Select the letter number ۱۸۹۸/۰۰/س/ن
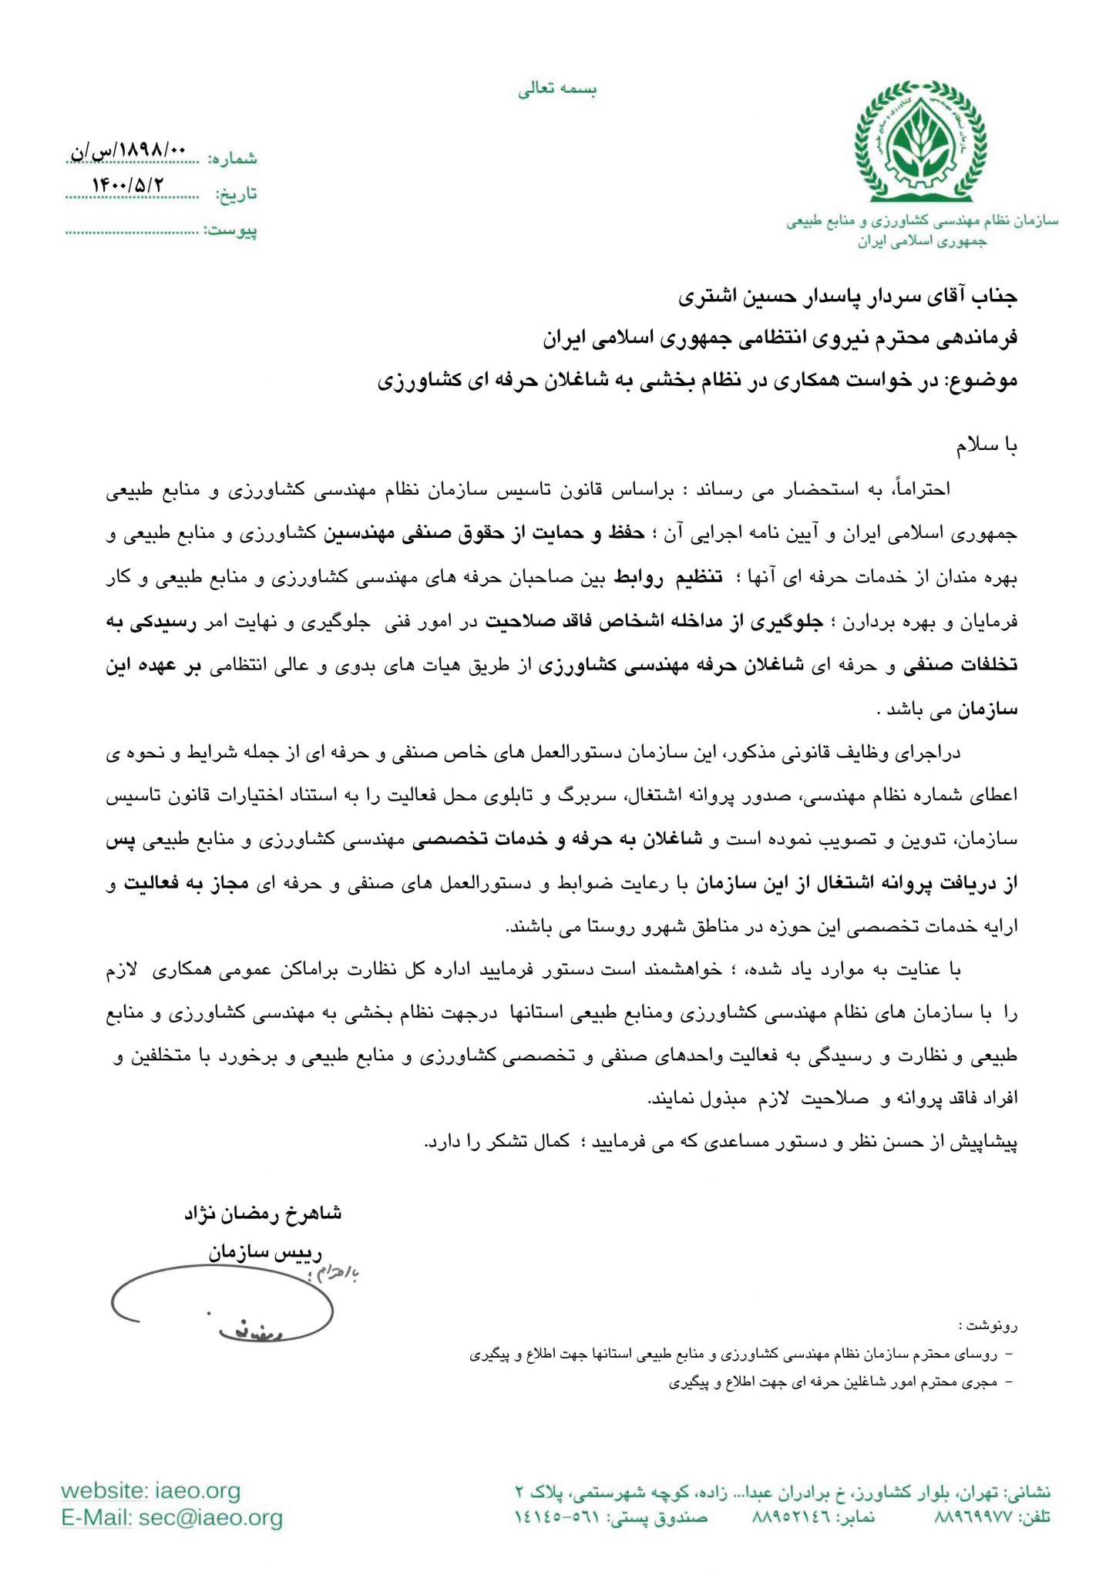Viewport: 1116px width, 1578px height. coord(128,151)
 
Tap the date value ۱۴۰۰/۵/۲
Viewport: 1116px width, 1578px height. coord(128,186)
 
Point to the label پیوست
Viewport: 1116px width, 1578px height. coord(230,230)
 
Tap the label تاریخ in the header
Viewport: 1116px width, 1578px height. coord(236,194)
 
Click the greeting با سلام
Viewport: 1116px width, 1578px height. coord(987,446)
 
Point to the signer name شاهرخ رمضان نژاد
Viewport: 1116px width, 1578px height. coord(263,1214)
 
